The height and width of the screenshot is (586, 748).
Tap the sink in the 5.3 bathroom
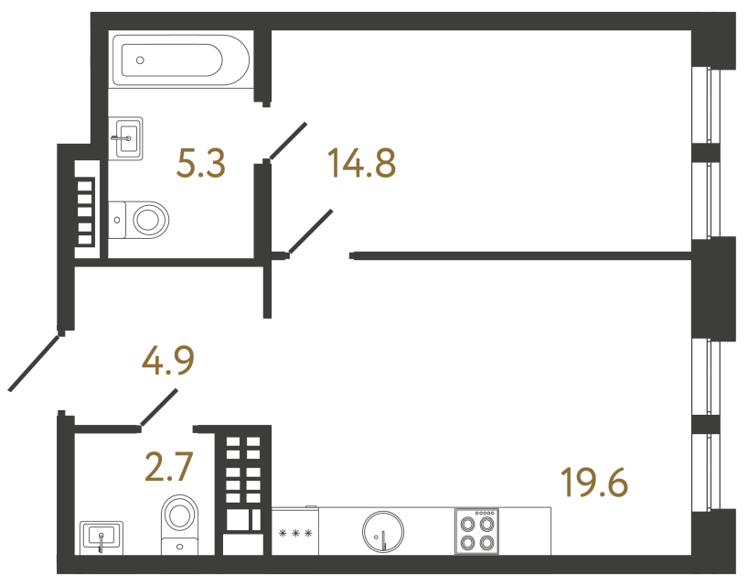(x=126, y=139)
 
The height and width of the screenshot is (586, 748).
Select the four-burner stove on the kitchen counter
(x=476, y=530)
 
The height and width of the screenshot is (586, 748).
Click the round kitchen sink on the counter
(x=383, y=531)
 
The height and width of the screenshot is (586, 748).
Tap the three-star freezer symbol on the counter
(x=295, y=533)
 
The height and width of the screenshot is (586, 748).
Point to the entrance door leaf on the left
(x=35, y=363)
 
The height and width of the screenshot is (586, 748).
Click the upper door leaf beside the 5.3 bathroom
(x=288, y=141)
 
